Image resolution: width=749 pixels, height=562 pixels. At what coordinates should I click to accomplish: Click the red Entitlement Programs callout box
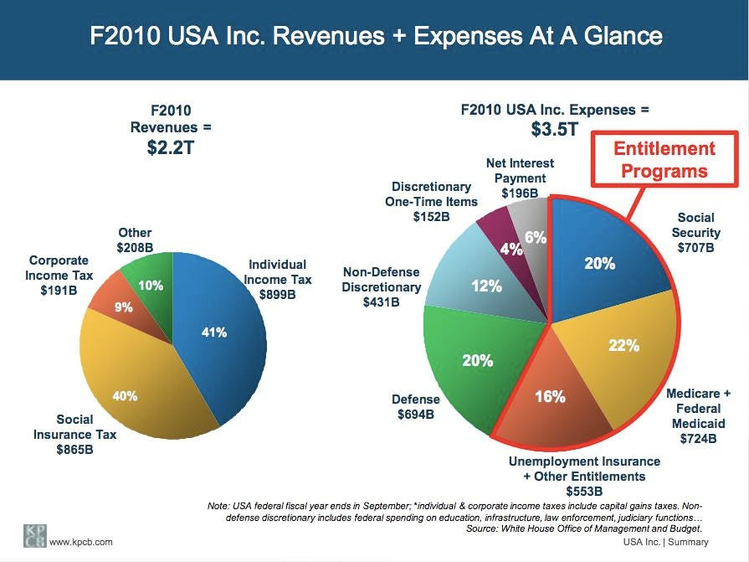tap(664, 160)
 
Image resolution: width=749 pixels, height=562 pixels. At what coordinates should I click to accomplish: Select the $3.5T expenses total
tap(554, 130)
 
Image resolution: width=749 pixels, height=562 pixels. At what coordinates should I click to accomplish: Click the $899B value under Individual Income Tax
tap(277, 294)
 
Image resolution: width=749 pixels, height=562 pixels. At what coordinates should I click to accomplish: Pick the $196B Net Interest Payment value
tap(519, 193)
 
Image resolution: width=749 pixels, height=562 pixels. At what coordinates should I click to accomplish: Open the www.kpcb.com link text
tap(81, 543)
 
